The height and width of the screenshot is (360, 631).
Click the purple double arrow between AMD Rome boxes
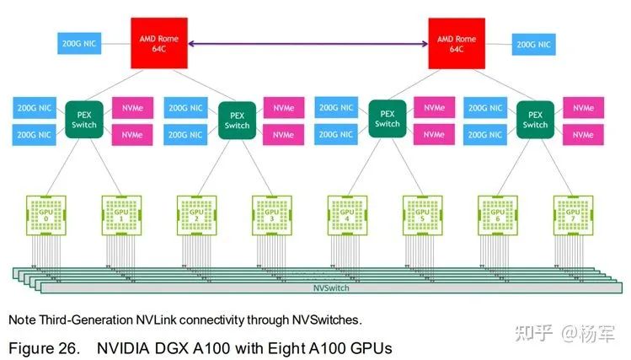tap(307, 43)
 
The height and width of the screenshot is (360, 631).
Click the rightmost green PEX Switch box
tap(535, 119)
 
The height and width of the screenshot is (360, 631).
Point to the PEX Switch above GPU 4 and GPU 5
tap(387, 118)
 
